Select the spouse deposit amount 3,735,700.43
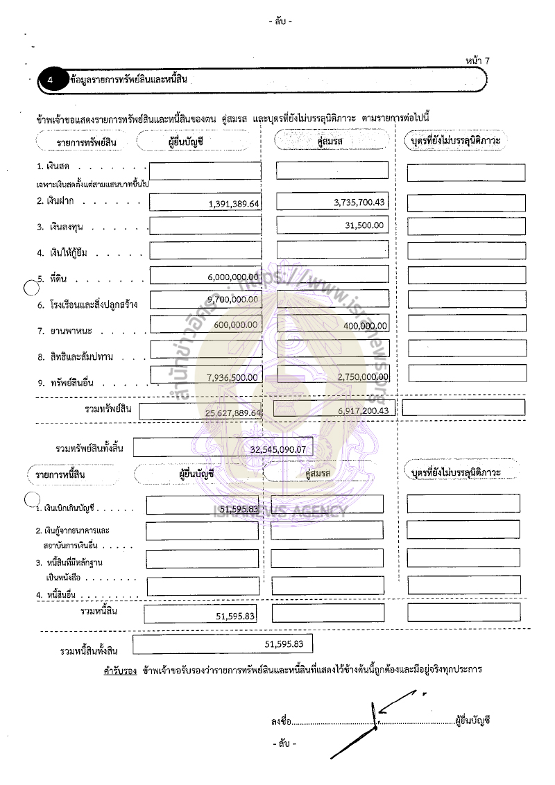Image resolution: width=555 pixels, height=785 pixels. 359,201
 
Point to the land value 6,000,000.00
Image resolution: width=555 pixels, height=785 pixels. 233,277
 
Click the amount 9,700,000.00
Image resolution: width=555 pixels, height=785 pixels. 233,300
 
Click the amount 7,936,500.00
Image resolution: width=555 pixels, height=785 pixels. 233,377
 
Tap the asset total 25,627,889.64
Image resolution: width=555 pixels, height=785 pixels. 233,413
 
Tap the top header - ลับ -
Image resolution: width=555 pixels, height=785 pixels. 280,21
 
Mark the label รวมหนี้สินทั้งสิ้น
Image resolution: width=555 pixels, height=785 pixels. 90,651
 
